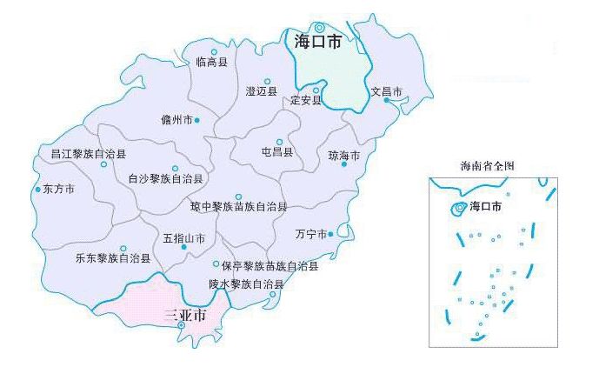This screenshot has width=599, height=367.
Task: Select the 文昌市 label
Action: tap(386, 91)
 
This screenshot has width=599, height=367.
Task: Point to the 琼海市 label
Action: tap(343, 157)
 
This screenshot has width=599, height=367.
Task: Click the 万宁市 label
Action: tap(310, 235)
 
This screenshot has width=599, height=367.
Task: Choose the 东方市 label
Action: tap(58, 189)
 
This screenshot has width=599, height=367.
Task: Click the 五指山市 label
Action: tap(183, 237)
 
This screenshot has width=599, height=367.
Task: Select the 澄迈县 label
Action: tap(261, 91)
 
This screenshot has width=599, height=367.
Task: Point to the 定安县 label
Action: tap(305, 100)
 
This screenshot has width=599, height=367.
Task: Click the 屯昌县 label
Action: tap(277, 152)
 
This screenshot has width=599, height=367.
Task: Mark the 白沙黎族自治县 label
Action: tap(165, 179)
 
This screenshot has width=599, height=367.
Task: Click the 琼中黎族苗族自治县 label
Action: tap(239, 207)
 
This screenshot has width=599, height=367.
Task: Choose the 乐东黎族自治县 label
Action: tap(112, 258)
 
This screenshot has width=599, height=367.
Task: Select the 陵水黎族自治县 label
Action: tap(246, 284)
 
